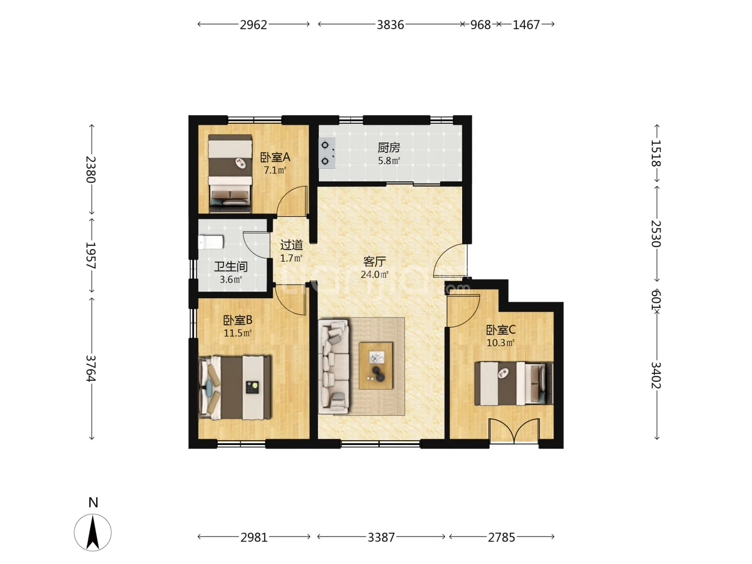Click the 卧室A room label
tap(275, 158)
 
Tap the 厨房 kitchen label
tap(389, 148)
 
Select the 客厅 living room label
tap(374, 262)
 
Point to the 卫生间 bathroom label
tap(231, 267)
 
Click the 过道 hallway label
tap(291, 245)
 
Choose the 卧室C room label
tap(501, 330)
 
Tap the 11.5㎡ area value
tap(238, 333)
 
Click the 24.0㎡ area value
tap(374, 274)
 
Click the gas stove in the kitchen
tap(327, 153)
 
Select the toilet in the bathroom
tap(211, 242)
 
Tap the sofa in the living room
tap(334, 367)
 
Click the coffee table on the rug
tap(376, 366)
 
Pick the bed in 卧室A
tap(230, 173)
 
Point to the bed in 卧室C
tap(513, 383)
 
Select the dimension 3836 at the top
tap(390, 25)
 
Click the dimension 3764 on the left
tap(91, 368)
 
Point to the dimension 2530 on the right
tap(656, 233)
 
